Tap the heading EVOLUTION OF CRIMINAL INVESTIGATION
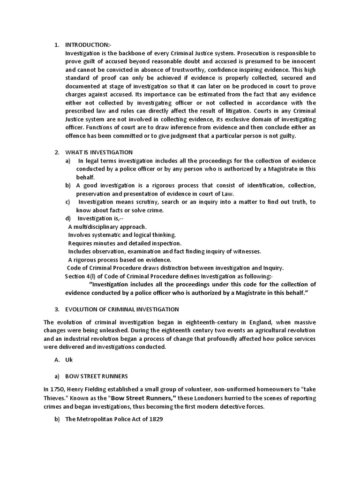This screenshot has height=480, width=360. [122, 309]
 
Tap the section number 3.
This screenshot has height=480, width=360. [57, 309]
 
